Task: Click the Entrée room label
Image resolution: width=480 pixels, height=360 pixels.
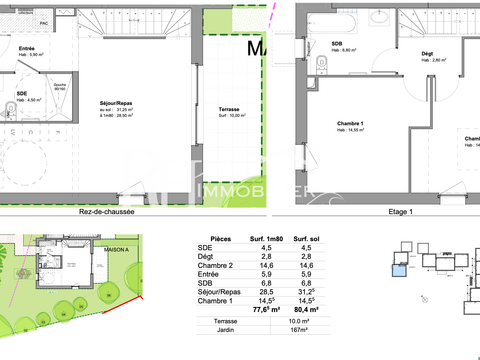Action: tap(27, 47)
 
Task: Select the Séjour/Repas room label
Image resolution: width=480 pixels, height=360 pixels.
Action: tap(117, 103)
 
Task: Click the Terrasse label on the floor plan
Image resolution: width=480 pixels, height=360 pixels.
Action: tap(229, 108)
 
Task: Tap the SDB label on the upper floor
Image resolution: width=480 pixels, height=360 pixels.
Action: tap(337, 44)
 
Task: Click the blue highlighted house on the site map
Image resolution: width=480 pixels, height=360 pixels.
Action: tap(401, 266)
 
